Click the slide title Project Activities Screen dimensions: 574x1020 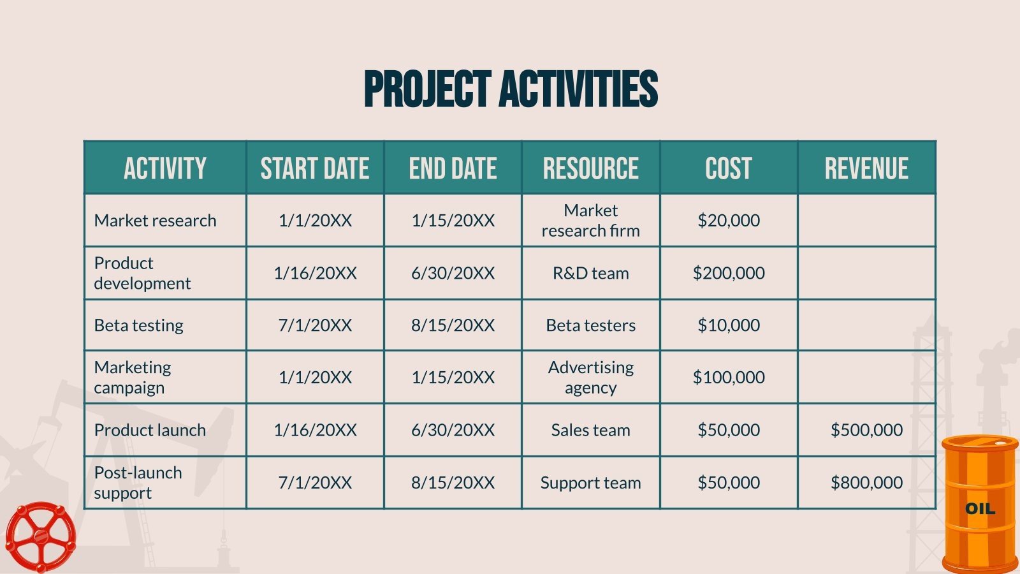pyautogui.click(x=511, y=89)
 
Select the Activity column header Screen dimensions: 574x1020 pyautogui.click(x=165, y=168)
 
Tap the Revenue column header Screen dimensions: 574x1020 pyautogui.click(x=866, y=168)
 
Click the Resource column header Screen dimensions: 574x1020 pyautogui.click(x=590, y=168)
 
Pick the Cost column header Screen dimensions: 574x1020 pyautogui.click(x=728, y=168)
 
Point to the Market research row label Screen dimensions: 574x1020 pyautogui.click(x=156, y=221)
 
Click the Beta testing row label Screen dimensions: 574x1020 pyautogui.click(x=139, y=325)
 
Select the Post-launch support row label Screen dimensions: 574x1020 pyautogui.click(x=138, y=483)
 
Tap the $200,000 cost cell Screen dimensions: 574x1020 pyautogui.click(x=729, y=273)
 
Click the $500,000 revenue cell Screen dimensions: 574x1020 pyautogui.click(x=866, y=430)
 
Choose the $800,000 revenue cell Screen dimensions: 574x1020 pyautogui.click(x=866, y=483)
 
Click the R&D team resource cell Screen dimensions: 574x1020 pyautogui.click(x=590, y=273)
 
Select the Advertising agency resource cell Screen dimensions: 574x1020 pyautogui.click(x=590, y=378)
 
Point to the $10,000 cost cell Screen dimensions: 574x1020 pyautogui.click(x=729, y=325)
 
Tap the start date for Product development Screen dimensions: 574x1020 pyautogui.click(x=315, y=273)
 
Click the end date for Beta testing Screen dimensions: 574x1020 pyautogui.click(x=453, y=325)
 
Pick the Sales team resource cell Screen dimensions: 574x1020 pyautogui.click(x=590, y=430)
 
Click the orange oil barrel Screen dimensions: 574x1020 pyautogui.click(x=980, y=504)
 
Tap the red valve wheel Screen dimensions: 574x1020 pyautogui.click(x=40, y=537)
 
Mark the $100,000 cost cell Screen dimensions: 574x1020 pyautogui.click(x=729, y=378)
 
